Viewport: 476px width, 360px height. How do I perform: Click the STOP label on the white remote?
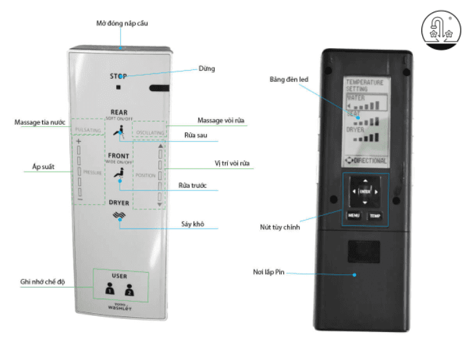pyautogui.click(x=119, y=76)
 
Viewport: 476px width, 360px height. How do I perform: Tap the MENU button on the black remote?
pyautogui.click(x=353, y=215)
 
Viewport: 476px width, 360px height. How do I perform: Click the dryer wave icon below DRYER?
pyautogui.click(x=118, y=216)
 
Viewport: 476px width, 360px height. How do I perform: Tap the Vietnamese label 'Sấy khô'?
pyautogui.click(x=193, y=224)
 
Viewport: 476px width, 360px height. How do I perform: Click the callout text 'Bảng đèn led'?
pyautogui.click(x=288, y=79)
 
